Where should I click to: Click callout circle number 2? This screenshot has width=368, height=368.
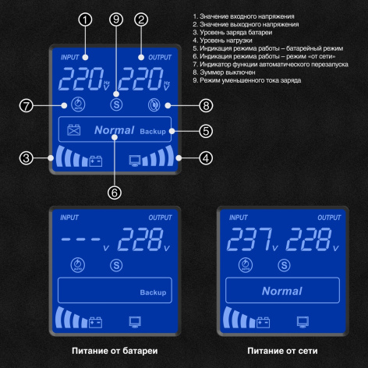[141, 19]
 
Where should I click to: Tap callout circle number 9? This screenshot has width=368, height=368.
[117, 19]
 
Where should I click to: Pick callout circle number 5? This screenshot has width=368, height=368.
[206, 130]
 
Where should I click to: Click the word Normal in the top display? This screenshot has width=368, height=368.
[114, 131]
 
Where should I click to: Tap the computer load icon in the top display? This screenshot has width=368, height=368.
[135, 162]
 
